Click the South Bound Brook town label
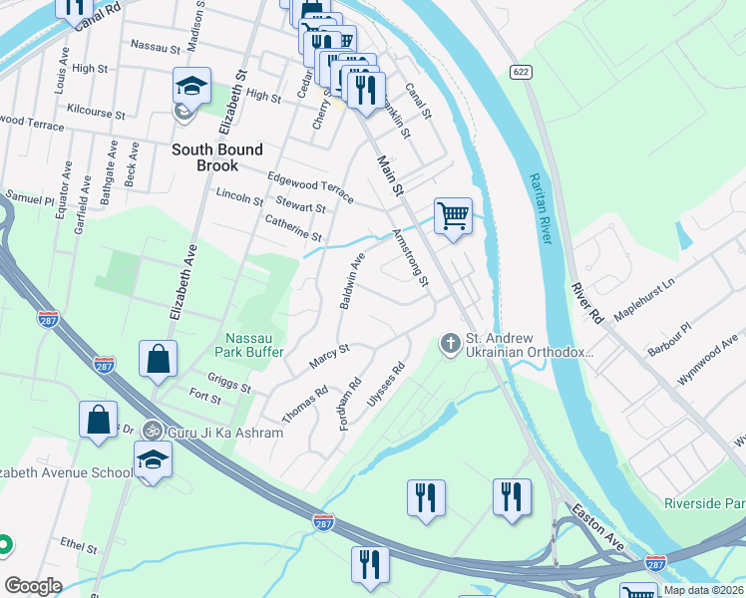(217, 157)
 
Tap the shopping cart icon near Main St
(453, 215)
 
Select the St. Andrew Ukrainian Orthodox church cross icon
(450, 344)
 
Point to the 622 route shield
(519, 72)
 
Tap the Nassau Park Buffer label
(249, 345)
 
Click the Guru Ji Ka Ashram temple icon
(151, 432)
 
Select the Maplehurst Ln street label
(643, 297)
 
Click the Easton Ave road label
(597, 522)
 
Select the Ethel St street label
(78, 547)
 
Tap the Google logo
(33, 586)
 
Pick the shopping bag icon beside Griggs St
(158, 358)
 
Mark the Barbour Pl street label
(671, 330)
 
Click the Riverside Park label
(704, 503)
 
